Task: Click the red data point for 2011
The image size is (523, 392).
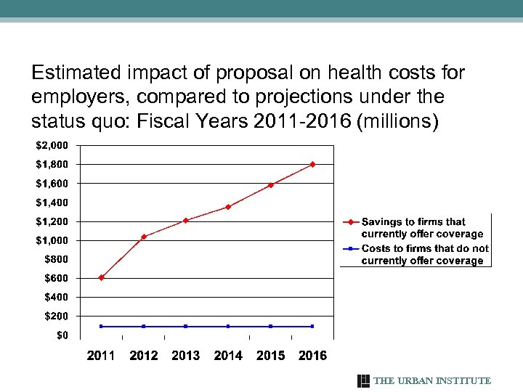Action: click(101, 277)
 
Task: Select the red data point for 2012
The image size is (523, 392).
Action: click(144, 237)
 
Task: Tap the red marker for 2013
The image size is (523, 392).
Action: click(186, 220)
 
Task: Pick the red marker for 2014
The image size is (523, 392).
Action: click(228, 207)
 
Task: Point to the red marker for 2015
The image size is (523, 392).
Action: click(271, 184)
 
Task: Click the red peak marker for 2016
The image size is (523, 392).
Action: click(313, 164)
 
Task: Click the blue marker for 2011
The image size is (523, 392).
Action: click(101, 326)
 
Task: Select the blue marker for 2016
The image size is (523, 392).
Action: click(313, 326)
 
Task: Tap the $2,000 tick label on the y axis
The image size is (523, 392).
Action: click(52, 145)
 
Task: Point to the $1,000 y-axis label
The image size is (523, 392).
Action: click(52, 240)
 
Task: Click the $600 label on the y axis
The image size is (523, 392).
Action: click(56, 278)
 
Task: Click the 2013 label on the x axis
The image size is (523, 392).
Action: click(186, 355)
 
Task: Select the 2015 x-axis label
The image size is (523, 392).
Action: click(271, 355)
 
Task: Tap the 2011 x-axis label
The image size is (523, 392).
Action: click(101, 355)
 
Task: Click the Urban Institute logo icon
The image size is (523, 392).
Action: click(364, 380)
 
